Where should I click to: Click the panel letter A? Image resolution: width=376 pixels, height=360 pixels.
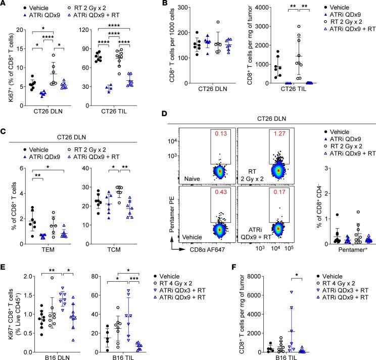(4, 5)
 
